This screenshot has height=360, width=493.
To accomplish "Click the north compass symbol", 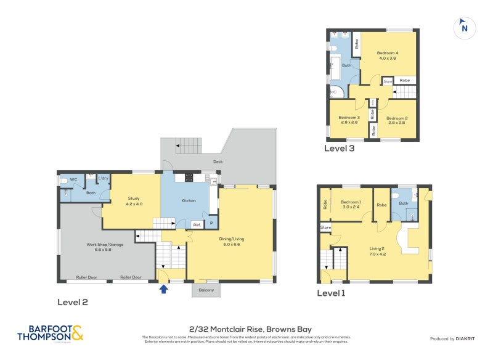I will [464, 28].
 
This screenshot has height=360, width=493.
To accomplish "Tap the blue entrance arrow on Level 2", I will [163, 288].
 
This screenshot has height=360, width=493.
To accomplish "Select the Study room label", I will [134, 201].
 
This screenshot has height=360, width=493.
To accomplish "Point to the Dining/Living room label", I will [230, 239].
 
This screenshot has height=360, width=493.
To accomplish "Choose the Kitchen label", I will [188, 201].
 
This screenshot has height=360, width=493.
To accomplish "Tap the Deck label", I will [218, 162].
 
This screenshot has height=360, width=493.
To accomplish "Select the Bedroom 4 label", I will [388, 55].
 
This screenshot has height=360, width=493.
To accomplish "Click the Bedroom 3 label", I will [349, 120].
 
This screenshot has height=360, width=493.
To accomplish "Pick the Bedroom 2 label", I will [397, 120].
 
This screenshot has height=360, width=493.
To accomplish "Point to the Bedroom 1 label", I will [351, 205].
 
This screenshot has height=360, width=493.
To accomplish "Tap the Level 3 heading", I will [340, 148].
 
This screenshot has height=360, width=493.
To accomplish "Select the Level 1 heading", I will [331, 293].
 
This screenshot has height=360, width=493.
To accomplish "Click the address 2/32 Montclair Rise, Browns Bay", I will [246, 329].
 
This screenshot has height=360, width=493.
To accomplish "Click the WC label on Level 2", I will [73, 179].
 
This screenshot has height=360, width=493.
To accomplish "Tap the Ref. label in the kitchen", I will [197, 225].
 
